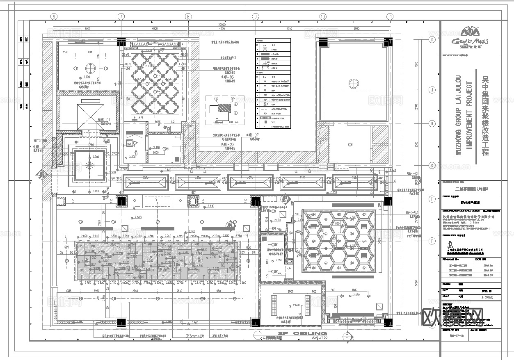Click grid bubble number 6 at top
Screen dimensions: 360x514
tap(54, 17)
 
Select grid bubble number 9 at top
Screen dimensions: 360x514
tap(256, 17)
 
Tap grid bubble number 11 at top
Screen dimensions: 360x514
tap(390, 17)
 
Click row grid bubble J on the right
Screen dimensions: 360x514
tap(432, 90)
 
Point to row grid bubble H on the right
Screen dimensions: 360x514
tap(432, 123)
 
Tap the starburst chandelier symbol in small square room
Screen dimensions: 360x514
tap(89, 165)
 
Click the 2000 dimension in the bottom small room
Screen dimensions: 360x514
tap(290, 292)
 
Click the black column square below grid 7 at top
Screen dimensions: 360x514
tap(121, 42)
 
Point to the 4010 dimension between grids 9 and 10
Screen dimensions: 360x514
tap(289, 29)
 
